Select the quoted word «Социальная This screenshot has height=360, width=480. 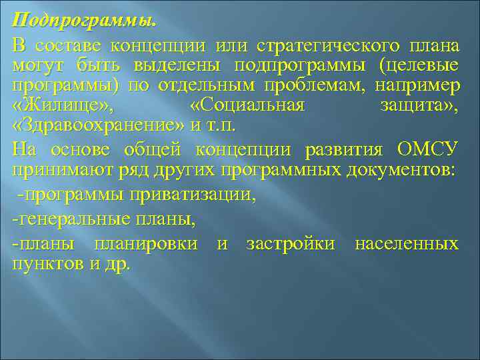pyautogui.click(x=247, y=107)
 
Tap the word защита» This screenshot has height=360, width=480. pyautogui.click(x=419, y=107)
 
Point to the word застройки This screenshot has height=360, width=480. pyautogui.click(x=291, y=243)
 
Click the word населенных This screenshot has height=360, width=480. pyautogui.click(x=407, y=243)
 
